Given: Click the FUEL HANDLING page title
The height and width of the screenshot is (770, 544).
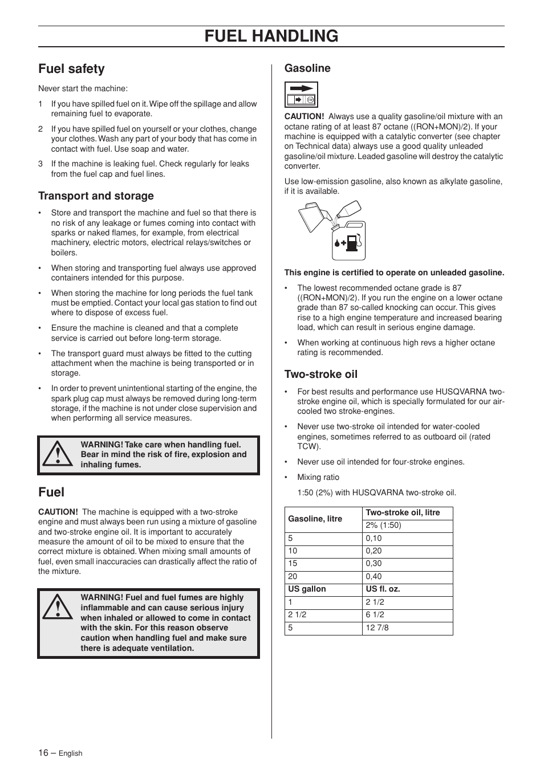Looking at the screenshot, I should point(271,36).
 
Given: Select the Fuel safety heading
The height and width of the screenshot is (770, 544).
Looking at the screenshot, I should point(71,69).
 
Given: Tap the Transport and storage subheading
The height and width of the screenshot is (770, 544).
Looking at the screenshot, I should point(96,196).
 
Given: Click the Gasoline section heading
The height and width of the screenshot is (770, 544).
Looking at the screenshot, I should point(307,68).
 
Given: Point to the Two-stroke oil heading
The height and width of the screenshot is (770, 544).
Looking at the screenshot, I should point(321,374).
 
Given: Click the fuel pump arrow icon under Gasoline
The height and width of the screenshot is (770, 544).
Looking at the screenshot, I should point(301,95).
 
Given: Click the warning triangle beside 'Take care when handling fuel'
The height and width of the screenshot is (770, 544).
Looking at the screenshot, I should point(57,455).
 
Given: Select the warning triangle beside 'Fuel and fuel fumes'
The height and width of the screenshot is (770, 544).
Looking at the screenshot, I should point(57,608).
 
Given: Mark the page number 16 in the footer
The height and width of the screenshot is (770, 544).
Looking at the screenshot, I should point(43,753).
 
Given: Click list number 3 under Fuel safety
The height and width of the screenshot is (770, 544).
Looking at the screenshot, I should point(40,164).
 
